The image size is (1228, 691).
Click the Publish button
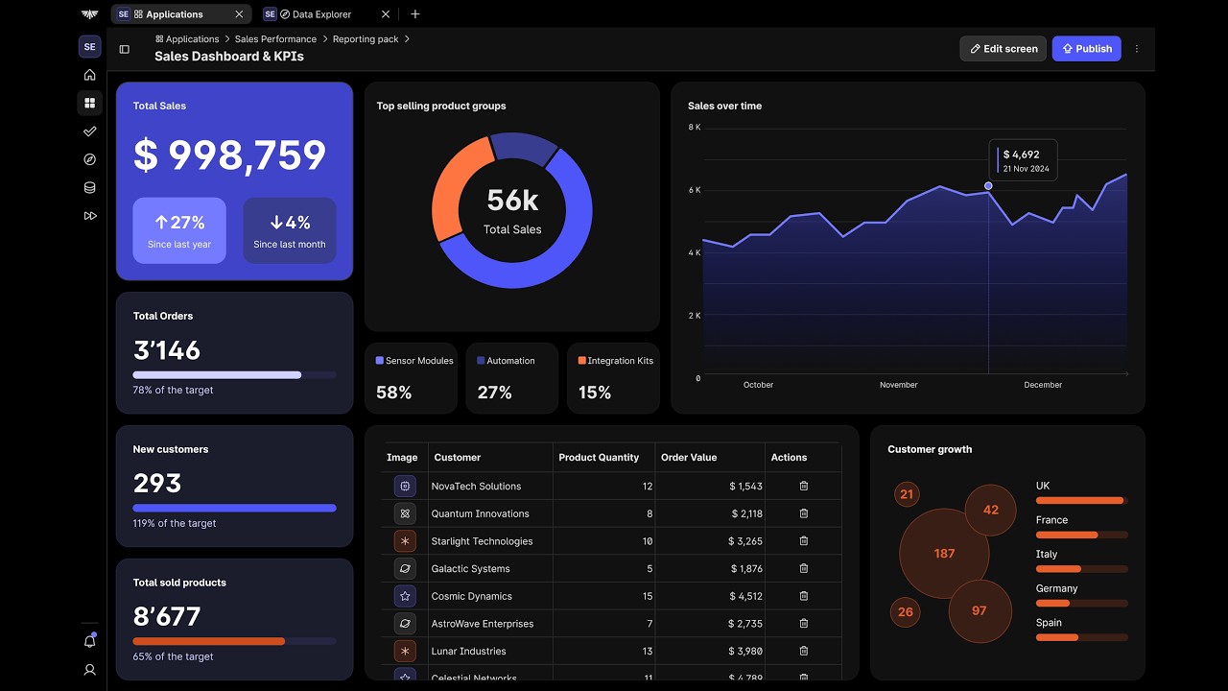tap(1086, 49)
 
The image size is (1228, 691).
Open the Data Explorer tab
tap(321, 14)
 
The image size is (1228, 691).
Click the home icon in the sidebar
tap(90, 75)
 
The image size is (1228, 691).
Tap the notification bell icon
tap(90, 640)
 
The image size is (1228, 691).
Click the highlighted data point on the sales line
tap(988, 186)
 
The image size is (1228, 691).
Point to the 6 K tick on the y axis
tap(694, 190)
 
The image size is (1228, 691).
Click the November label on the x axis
tap(898, 385)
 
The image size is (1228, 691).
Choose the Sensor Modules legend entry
tap(414, 361)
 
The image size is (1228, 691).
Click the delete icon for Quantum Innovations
tap(804, 513)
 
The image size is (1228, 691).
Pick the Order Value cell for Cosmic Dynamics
tap(745, 596)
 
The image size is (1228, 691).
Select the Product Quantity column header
tap(599, 458)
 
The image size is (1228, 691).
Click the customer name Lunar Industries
tap(468, 651)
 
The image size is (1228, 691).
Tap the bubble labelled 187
tap(944, 554)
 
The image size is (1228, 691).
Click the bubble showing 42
tap(990, 510)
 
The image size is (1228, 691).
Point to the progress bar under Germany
tap(1081, 604)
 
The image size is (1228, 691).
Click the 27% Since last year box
tap(179, 230)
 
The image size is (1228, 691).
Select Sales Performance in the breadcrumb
tap(275, 39)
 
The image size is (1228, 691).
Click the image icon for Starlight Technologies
tap(405, 541)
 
